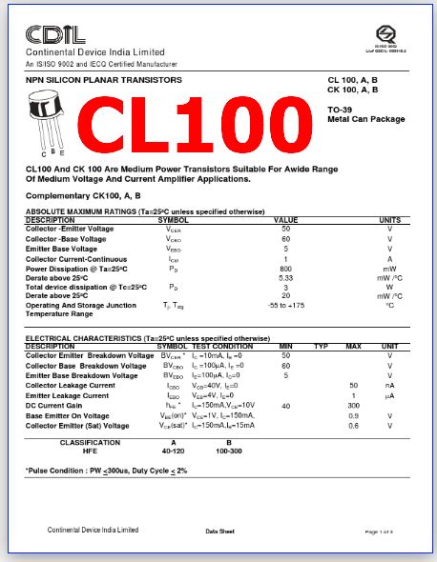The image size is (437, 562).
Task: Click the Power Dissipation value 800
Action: (x=284, y=270)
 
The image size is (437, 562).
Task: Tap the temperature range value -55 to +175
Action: (x=284, y=305)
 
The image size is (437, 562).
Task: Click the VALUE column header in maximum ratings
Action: (x=285, y=220)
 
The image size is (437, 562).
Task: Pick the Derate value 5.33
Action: (x=284, y=278)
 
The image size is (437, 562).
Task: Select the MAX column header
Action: (x=353, y=346)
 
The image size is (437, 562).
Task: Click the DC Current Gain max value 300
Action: (x=353, y=406)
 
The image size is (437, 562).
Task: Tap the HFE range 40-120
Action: (x=173, y=451)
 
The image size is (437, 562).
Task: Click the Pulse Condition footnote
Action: (x=106, y=471)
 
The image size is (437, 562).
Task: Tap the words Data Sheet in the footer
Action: (x=219, y=530)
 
